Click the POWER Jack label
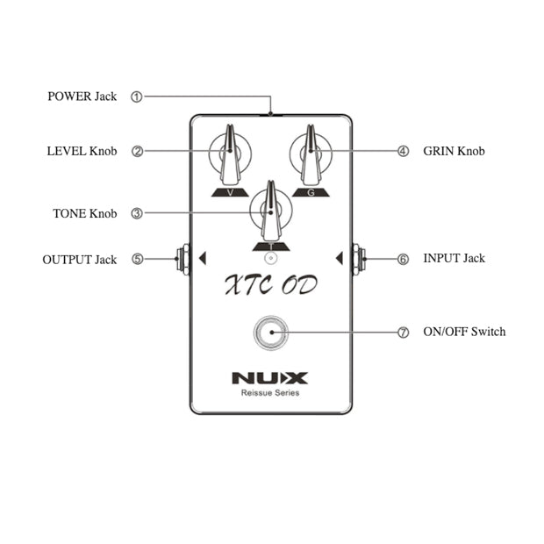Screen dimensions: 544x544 (x=82, y=97)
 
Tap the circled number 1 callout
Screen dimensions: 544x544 (x=137, y=97)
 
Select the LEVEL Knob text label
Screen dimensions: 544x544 (x=82, y=151)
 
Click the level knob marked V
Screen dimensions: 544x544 (x=230, y=154)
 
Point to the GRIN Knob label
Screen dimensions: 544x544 (x=454, y=151)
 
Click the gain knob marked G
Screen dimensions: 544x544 (x=311, y=154)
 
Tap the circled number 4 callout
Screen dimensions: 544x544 (x=403, y=151)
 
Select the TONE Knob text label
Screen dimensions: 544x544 (x=85, y=213)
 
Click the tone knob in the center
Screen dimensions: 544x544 (x=270, y=211)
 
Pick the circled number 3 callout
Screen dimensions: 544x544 (x=137, y=213)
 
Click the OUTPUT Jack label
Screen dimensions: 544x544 (x=80, y=260)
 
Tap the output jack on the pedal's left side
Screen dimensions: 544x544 (x=183, y=259)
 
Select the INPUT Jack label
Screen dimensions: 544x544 (x=454, y=258)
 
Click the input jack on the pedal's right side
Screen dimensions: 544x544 (x=360, y=259)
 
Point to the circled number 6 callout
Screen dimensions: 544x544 (x=403, y=259)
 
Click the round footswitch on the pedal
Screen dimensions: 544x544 (x=270, y=333)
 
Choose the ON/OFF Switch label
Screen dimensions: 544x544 (x=464, y=332)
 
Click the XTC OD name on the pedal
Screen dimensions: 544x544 (x=269, y=285)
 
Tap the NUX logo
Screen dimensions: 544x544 (x=270, y=378)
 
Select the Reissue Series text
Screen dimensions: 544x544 (x=270, y=393)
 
